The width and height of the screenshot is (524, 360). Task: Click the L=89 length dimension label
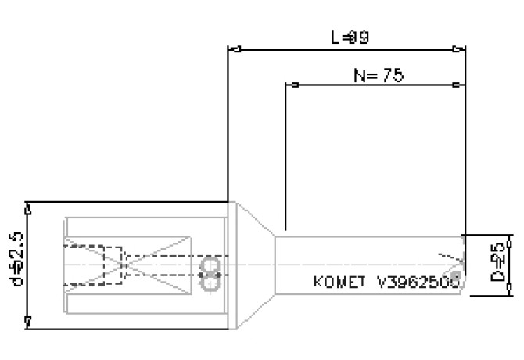click(x=348, y=37)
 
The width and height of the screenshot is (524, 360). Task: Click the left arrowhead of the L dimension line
click(x=233, y=49)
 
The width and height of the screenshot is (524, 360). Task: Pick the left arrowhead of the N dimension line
click(x=293, y=85)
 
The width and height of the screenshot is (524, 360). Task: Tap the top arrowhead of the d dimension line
click(x=29, y=207)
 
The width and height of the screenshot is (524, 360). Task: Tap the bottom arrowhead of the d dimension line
click(x=29, y=322)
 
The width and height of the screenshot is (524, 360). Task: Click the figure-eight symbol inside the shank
click(x=210, y=274)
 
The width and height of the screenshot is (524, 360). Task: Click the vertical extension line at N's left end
click(x=286, y=157)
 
